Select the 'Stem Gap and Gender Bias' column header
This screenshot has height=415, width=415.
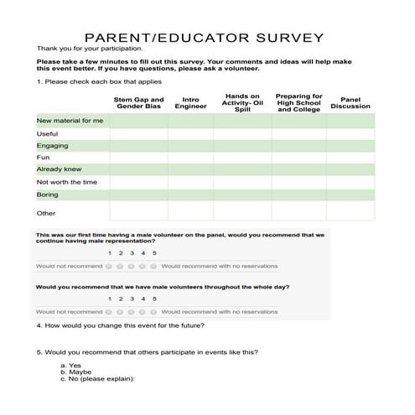click(x=138, y=104)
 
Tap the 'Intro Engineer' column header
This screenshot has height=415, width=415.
click(x=191, y=104)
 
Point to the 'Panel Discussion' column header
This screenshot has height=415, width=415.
click(x=350, y=103)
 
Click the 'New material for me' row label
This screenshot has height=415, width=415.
click(x=70, y=122)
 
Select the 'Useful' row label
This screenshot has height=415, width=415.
click(x=48, y=133)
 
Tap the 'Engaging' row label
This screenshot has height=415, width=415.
click(x=53, y=145)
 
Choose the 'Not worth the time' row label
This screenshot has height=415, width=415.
click(x=67, y=182)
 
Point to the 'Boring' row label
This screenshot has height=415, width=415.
click(x=48, y=194)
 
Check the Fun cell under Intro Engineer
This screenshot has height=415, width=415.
click(x=190, y=158)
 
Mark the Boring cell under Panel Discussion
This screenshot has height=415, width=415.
click(x=350, y=194)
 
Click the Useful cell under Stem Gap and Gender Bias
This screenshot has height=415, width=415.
click(x=138, y=133)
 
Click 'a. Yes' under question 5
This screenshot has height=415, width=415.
click(x=70, y=366)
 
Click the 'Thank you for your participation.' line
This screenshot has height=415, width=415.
click(x=91, y=49)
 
